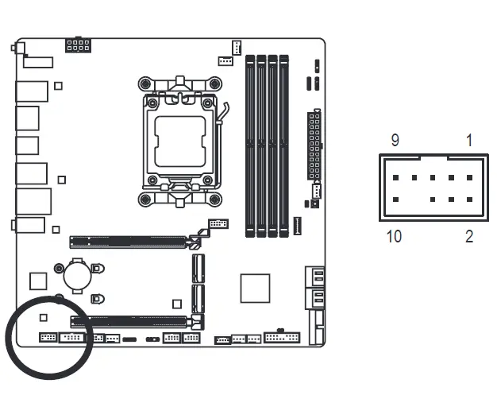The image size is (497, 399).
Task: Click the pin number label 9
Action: tap(395, 141)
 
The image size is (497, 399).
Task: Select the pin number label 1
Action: tap(468, 141)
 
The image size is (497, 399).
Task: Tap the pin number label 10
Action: tap(394, 236)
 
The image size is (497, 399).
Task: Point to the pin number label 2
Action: tap(468, 236)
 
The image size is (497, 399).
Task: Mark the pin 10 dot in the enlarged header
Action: tap(396, 199)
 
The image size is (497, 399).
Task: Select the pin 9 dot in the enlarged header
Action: tap(396, 178)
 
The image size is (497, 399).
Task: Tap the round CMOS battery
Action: tap(78, 275)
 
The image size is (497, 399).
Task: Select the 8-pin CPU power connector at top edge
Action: tap(78, 44)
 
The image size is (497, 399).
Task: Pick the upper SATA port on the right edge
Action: tap(315, 277)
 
